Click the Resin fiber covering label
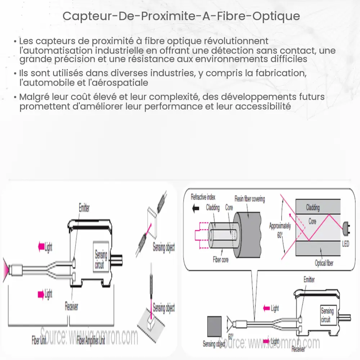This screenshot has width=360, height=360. click(249, 199)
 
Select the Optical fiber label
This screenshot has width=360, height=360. click(324, 263)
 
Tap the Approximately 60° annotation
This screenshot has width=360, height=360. click(280, 230)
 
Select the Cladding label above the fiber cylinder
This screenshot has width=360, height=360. click(213, 208)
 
